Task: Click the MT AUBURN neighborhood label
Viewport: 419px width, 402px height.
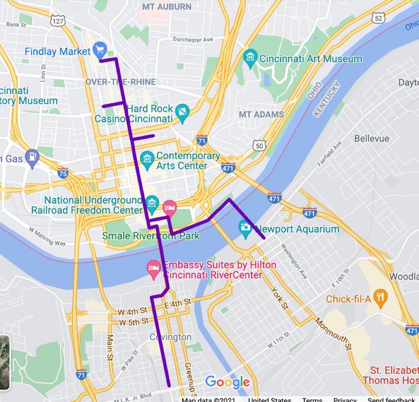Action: click(167, 7)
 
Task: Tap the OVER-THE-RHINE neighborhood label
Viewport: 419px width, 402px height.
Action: click(121, 82)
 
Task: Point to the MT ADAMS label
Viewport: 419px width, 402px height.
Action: click(261, 115)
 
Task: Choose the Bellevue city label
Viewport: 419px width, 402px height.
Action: click(371, 138)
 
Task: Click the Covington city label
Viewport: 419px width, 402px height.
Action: click(171, 337)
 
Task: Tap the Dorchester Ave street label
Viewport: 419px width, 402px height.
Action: click(193, 39)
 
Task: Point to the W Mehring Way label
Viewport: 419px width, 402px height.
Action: click(47, 236)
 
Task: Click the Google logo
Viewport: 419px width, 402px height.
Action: click(227, 383)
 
